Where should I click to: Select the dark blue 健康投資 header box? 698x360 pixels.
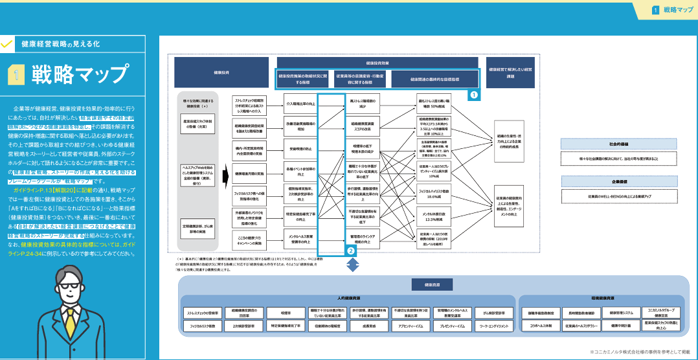[x=221, y=73]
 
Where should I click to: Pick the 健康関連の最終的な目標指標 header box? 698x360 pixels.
[x=434, y=79]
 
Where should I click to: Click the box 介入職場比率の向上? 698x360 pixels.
[x=300, y=103]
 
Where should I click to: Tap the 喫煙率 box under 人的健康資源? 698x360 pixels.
[x=286, y=313]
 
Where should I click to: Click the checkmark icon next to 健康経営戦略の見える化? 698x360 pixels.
[x=8, y=45]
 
